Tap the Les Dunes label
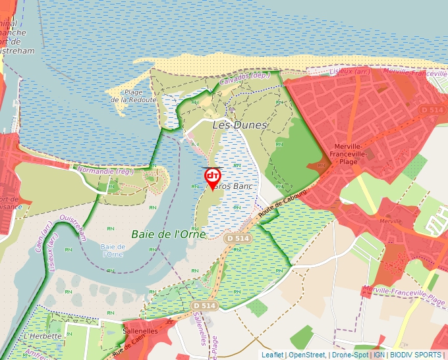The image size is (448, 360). tap(240, 124)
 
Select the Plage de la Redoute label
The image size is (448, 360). tap(134, 96)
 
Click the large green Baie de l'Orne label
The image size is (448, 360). tap(169, 234)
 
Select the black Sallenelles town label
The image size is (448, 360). tap(140, 331)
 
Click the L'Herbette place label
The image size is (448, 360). tap(42, 336)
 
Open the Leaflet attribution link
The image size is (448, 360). tap(272, 355)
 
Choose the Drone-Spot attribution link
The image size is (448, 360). tap(350, 355)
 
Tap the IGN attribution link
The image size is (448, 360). tap(379, 355)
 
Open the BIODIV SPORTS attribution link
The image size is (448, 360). tap(415, 355)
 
